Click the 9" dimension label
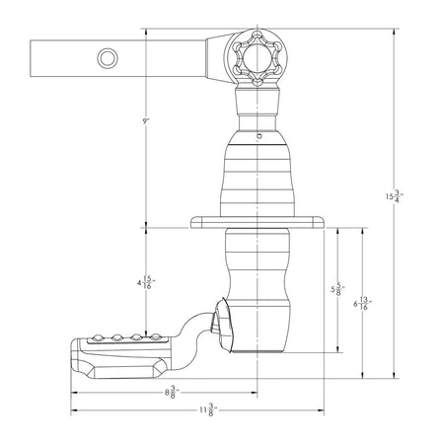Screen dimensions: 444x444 pos(146,121)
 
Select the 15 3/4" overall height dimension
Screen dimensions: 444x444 pos(395,196)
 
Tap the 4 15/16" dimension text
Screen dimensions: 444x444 pos(146,282)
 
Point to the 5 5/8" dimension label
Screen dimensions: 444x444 pos(337,289)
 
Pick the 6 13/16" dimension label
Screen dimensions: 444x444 pos(363,304)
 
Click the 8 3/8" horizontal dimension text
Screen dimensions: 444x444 pos(172,392)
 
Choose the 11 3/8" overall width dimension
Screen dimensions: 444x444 pos(209,410)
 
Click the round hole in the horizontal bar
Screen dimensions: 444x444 pos(108,58)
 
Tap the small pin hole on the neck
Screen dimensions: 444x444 pos(259,135)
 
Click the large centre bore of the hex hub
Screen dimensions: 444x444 pos(257,58)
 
